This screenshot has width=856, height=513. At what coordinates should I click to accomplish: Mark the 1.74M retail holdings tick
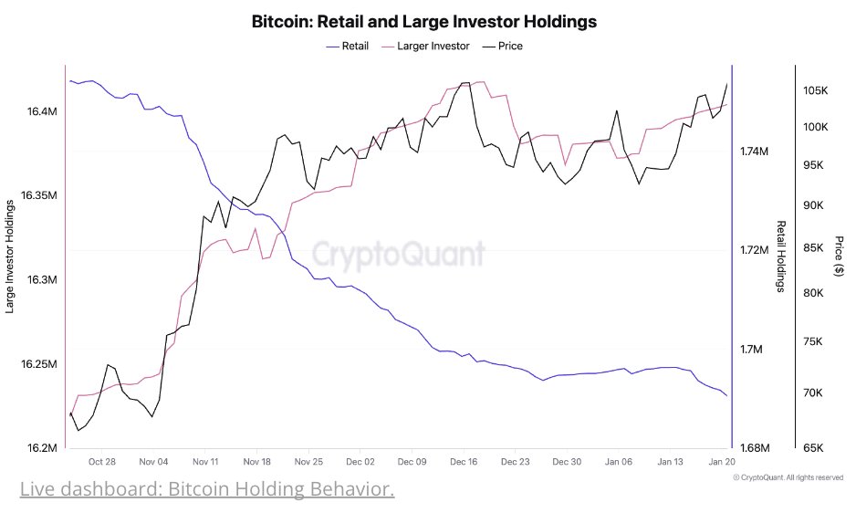(755, 152)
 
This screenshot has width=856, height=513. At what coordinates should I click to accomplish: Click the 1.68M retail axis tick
(755, 448)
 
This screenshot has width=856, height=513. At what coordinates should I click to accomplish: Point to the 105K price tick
(815, 91)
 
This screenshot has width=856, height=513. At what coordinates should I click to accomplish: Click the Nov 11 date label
(206, 463)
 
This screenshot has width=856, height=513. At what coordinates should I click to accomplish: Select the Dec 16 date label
(464, 463)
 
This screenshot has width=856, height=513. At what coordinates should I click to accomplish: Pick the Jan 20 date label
(722, 463)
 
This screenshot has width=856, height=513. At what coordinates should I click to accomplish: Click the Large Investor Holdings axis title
(10, 252)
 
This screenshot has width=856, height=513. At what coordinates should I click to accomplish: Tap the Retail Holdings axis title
(781, 256)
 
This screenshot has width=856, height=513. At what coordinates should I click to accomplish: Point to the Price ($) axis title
(840, 256)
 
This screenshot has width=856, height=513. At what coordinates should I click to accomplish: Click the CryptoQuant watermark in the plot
(400, 253)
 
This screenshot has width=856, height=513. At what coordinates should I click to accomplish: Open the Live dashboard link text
(207, 490)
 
